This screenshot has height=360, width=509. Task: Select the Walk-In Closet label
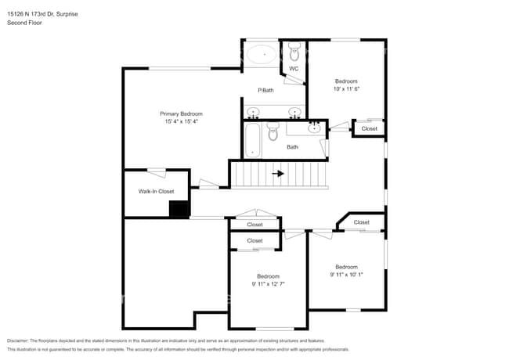coord(156,191)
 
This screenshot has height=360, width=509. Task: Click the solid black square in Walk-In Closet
coord(179,209)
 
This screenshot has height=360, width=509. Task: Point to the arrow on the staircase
coord(278,174)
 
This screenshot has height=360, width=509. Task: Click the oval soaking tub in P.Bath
coord(262,56)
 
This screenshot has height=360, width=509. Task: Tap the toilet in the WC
coord(294,52)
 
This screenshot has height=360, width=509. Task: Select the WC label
coord(294,69)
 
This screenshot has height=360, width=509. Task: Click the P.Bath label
coord(267,90)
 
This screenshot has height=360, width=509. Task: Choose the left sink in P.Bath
coord(253,112)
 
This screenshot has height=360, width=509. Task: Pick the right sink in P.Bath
coord(295,112)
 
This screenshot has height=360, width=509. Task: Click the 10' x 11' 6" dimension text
coord(346,89)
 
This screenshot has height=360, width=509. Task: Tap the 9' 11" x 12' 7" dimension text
coord(268,284)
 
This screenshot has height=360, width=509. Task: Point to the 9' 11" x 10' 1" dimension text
coord(346,275)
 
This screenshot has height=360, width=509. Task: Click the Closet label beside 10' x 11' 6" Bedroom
coord(369,128)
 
